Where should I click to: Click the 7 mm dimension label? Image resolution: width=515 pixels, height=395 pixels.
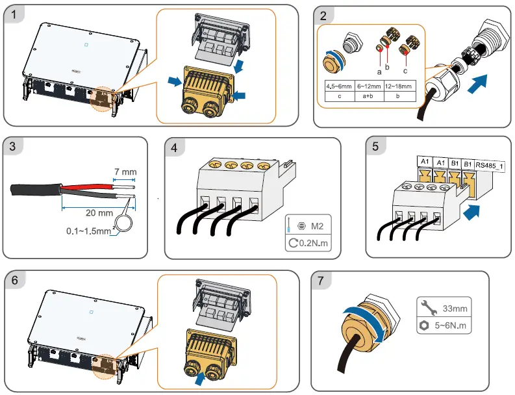point(125,172)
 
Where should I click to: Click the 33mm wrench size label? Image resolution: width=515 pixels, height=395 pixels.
point(454,307)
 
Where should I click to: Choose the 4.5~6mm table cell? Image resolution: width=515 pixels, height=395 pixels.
point(339,86)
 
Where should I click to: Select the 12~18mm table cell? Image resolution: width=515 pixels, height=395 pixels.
point(397,86)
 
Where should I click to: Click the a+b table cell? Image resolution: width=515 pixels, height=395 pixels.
point(368,96)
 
